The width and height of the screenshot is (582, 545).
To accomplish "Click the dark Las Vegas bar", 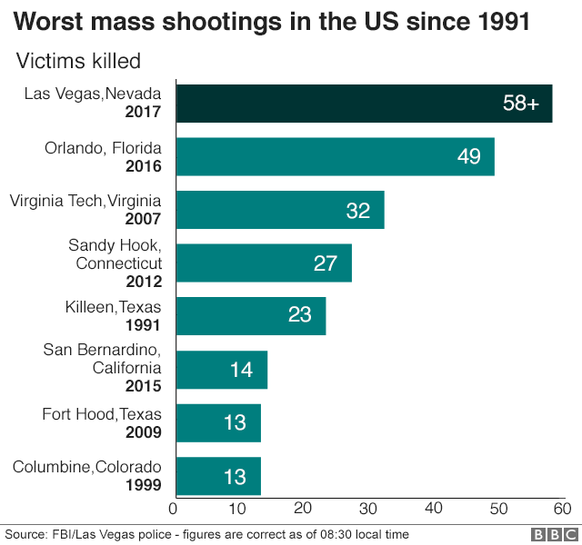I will click(364, 104).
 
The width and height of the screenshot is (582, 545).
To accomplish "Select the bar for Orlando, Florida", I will click(335, 156).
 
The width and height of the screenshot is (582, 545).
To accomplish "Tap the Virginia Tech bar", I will click(279, 210).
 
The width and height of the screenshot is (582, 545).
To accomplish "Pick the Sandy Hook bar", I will click(263, 263).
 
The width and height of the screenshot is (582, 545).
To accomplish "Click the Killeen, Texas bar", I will click(250, 316).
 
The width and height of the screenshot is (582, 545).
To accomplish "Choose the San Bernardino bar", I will click(221, 370).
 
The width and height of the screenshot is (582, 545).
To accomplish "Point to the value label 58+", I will click(521, 104).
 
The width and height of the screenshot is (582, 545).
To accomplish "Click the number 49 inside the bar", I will click(468, 157).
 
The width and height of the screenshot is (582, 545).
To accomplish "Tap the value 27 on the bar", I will click(326, 263).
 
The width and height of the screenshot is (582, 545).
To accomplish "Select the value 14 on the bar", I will click(241, 371).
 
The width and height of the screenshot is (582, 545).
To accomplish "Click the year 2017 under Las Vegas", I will click(144, 113).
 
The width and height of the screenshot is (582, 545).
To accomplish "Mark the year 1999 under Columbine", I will click(144, 485).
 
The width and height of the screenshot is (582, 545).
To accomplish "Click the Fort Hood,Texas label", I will click(102, 414).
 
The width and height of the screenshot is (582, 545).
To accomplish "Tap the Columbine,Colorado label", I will click(87, 468).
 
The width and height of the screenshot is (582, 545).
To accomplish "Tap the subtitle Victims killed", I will click(78, 62).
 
